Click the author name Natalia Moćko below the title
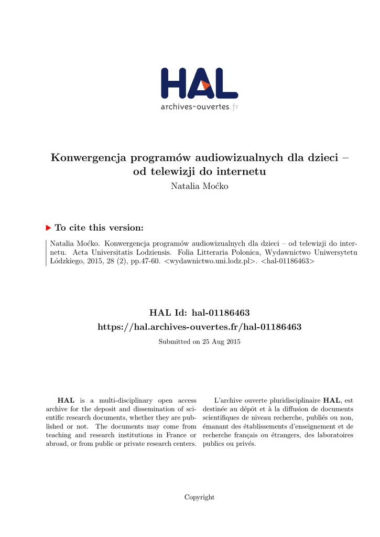coord(200,187)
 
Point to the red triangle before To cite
coord(49,228)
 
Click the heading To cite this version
coord(99,228)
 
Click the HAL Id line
coord(200,313)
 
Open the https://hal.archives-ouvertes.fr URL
coord(200,327)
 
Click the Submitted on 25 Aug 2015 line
coord(200,342)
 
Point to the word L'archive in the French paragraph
coord(227,400)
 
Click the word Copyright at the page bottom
coord(199,497)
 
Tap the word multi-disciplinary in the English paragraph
coord(114,400)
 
